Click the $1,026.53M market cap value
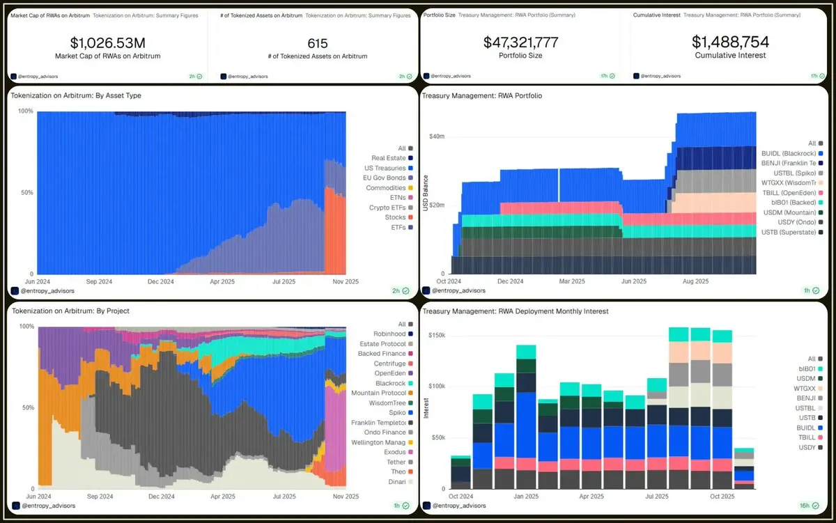[x=107, y=43]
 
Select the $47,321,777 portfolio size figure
[x=520, y=42]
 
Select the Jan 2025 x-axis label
[x=526, y=497]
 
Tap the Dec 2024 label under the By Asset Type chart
[x=161, y=281]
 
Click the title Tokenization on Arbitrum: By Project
[x=70, y=311]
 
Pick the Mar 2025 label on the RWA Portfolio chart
[x=572, y=281]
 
